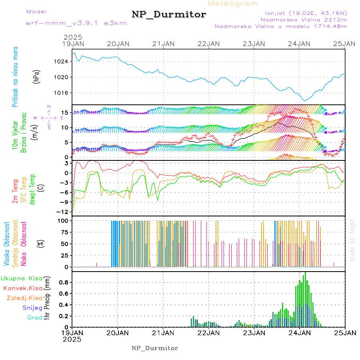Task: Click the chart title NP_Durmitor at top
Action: click(x=169, y=15)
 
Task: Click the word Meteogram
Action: click(x=233, y=4)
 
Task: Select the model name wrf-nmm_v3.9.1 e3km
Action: click(x=76, y=23)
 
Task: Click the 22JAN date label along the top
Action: click(x=208, y=44)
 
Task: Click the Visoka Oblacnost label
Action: click(x=7, y=244)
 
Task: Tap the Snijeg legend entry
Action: click(x=33, y=308)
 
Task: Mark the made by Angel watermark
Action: click(x=352, y=240)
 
